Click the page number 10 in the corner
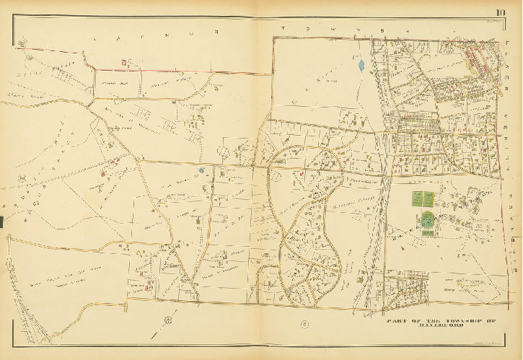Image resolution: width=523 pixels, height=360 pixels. [500, 10]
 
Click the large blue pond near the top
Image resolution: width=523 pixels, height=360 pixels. [360, 67]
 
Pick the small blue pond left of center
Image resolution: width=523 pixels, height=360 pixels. [203, 171]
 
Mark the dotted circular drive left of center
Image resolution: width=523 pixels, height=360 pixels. [223, 152]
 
